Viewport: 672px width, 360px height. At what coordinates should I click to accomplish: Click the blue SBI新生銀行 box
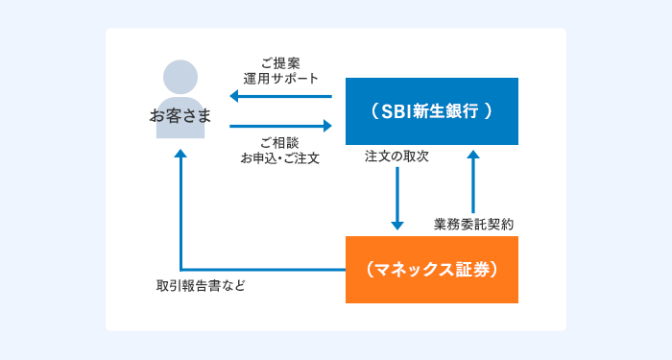pyautogui.click(x=431, y=111)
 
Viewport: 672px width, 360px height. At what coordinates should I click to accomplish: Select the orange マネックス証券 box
pyautogui.click(x=431, y=270)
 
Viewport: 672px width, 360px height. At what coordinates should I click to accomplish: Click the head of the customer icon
pyautogui.click(x=180, y=77)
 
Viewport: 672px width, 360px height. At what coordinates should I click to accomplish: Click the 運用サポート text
pyautogui.click(x=280, y=78)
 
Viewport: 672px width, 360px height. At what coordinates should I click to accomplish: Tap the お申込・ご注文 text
pyautogui.click(x=280, y=157)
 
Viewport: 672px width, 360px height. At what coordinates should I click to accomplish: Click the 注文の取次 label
pyautogui.click(x=396, y=156)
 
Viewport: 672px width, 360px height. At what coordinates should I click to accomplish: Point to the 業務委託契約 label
pyautogui.click(x=474, y=223)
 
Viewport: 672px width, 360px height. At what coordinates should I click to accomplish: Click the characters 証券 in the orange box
pyautogui.click(x=476, y=270)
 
